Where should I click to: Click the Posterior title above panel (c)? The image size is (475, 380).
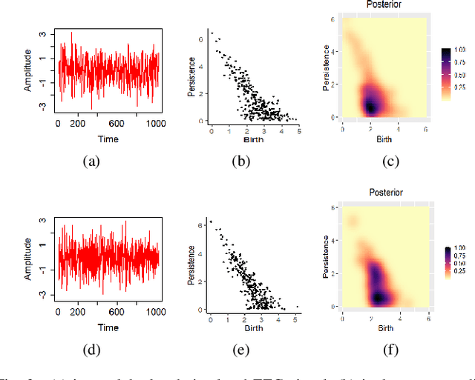coord(384,5)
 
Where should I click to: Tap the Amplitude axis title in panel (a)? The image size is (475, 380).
coord(27,71)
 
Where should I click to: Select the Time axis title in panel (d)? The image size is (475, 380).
coord(109,327)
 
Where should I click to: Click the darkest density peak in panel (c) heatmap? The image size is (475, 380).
coord(370,106)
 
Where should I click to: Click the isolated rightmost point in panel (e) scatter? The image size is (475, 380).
coord(297,307)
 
